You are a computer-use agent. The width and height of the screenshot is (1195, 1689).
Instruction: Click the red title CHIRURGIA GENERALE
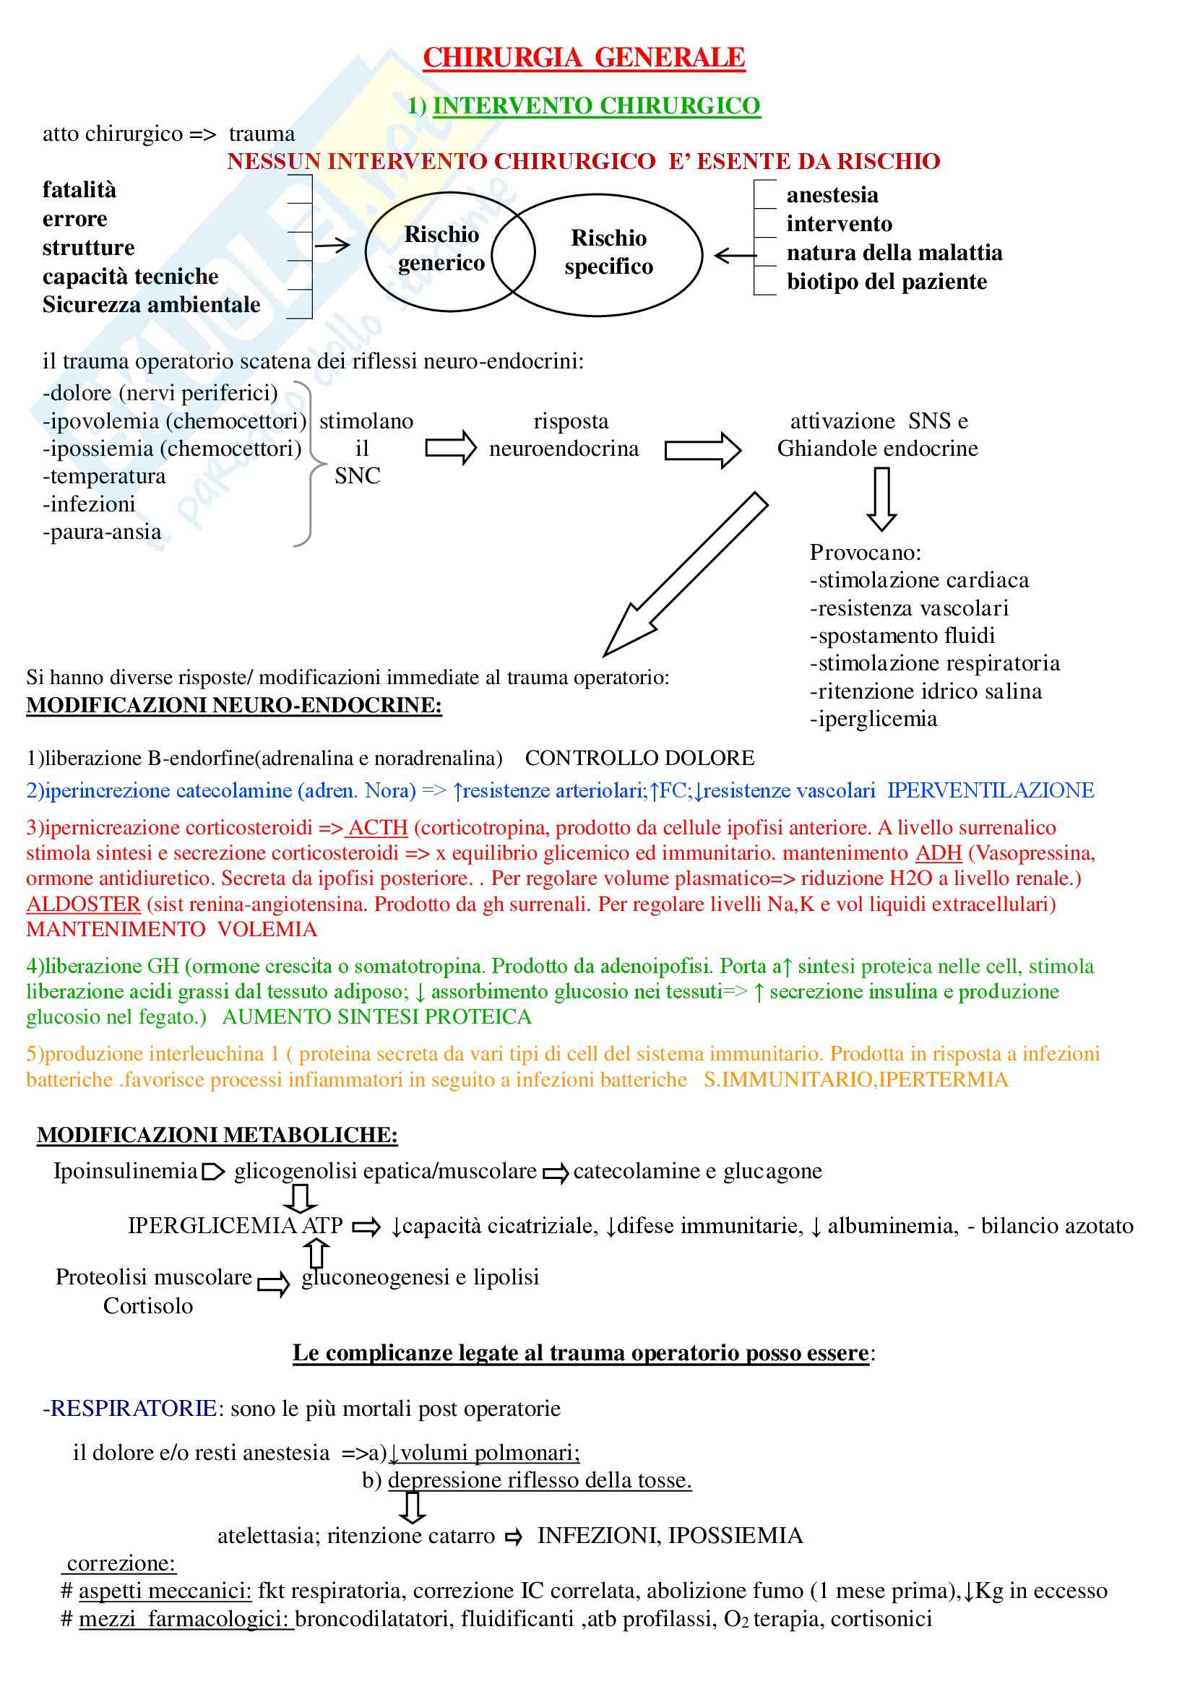point(584,57)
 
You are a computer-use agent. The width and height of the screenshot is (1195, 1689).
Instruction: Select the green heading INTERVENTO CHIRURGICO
point(596,106)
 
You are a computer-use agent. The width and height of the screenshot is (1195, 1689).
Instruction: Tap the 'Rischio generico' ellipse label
point(441,248)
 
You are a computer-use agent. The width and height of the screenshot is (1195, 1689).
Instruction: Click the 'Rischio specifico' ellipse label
point(608,251)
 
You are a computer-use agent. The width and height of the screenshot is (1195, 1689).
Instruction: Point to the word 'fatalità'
point(79,190)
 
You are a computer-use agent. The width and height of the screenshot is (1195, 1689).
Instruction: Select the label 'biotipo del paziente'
point(886,282)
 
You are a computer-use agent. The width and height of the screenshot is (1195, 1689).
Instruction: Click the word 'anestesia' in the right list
point(832,195)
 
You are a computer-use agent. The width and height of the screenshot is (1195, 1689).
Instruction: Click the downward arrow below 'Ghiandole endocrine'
point(881,498)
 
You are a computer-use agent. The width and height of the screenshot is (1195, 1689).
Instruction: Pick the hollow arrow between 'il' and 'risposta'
point(450,448)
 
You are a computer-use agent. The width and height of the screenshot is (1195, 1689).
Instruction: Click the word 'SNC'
point(358,476)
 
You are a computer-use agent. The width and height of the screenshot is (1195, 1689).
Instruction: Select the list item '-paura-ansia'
point(103,531)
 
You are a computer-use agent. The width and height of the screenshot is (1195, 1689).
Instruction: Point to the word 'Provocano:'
point(866,552)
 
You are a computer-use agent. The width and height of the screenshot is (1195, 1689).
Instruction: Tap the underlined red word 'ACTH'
point(377,828)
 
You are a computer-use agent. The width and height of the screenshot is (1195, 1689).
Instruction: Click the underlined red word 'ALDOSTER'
point(83,903)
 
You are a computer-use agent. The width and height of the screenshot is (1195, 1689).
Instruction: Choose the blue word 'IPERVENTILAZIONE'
point(991,790)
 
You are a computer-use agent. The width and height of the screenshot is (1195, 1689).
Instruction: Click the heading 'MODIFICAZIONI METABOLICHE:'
point(217,1135)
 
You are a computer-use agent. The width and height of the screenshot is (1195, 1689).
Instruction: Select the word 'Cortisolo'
point(148,1305)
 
